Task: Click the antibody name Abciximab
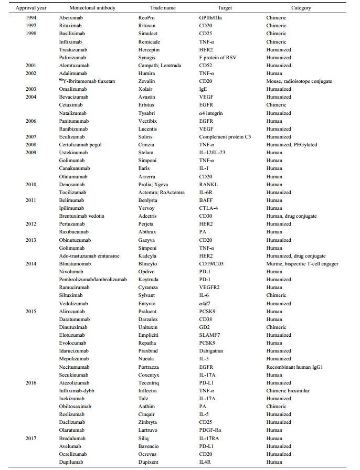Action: pyautogui.click(x=71, y=18)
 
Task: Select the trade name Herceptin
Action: pyautogui.click(x=150, y=49)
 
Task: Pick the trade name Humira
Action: pyautogui.click(x=147, y=73)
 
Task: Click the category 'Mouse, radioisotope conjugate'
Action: pyautogui.click(x=299, y=81)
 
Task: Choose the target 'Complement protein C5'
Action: pyautogui.click(x=221, y=137)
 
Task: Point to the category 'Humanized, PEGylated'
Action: pyautogui.click(x=291, y=145)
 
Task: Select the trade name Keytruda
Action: pyautogui.click(x=150, y=280)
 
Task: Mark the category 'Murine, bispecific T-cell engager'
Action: pyautogui.click(x=302, y=264)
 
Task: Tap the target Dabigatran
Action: pyautogui.click(x=206, y=351)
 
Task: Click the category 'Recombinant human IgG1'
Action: pyautogui.click(x=294, y=367)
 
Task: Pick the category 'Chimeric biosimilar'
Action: pyautogui.click(x=288, y=391)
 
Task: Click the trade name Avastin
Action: pyautogui.click(x=148, y=97)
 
